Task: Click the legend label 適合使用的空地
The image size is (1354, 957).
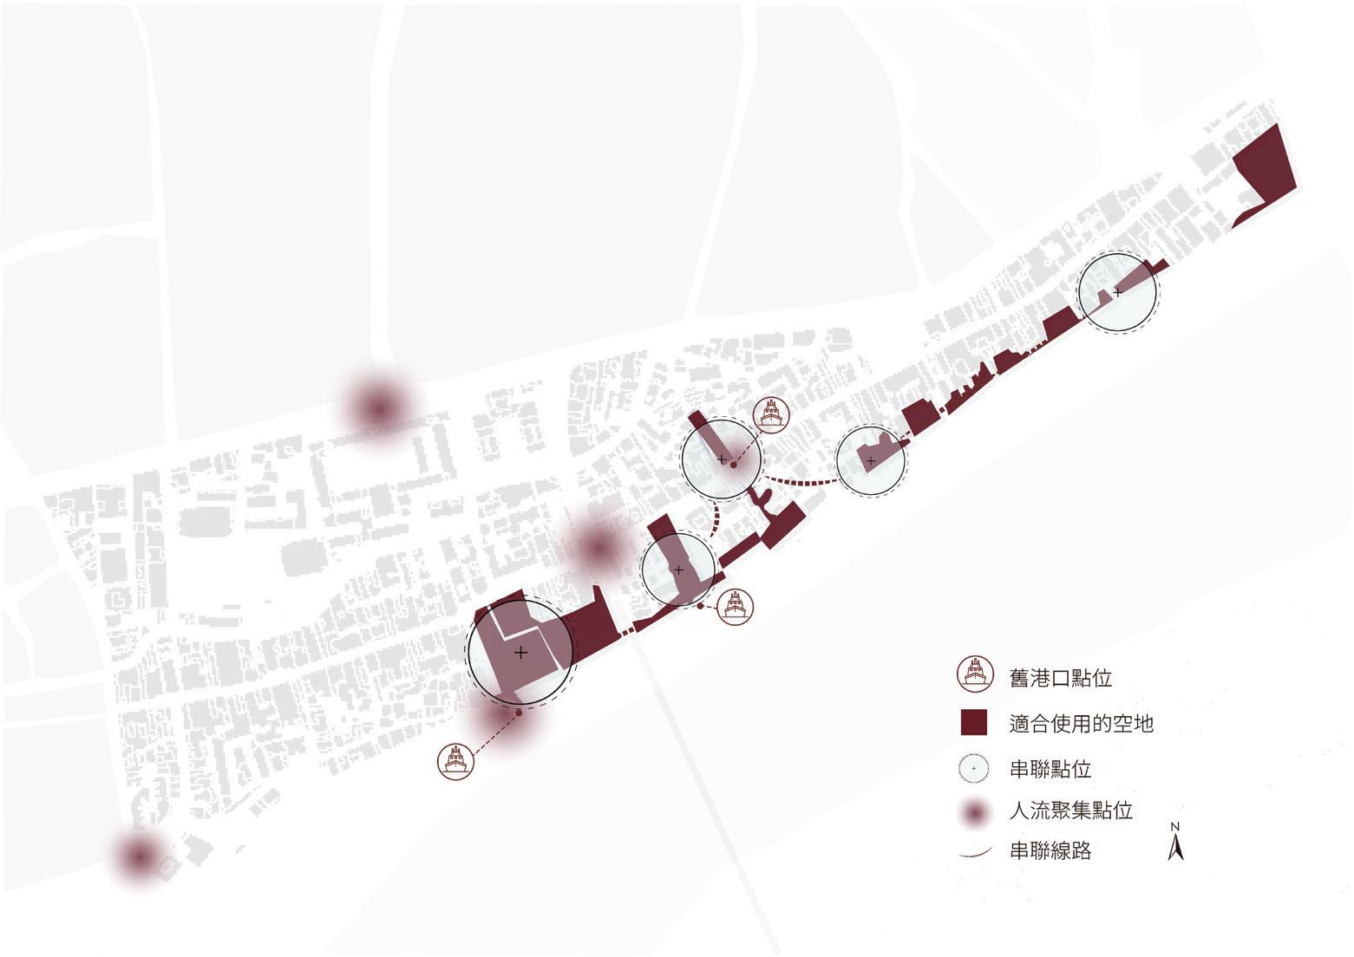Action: (1081, 723)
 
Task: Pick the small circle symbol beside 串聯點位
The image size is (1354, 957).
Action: (974, 768)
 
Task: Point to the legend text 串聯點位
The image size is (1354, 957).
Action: (1050, 769)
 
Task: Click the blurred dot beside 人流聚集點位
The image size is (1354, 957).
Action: (974, 812)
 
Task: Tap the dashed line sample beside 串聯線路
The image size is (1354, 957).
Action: (974, 854)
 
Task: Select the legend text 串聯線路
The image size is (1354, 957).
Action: (1050, 851)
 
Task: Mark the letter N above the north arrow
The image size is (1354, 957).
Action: (1175, 826)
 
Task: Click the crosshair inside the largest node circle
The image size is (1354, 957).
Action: (520, 653)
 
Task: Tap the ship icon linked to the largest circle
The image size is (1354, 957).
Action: (456, 761)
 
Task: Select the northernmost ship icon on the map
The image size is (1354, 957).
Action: (770, 414)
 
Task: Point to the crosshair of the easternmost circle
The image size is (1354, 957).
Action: (1118, 292)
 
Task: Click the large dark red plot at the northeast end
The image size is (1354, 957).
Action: (1265, 178)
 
